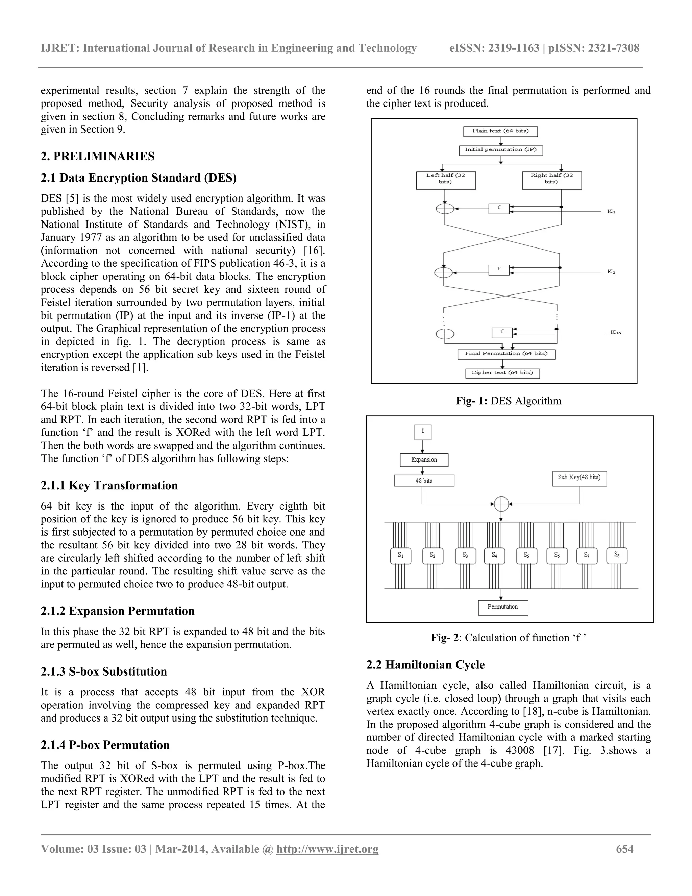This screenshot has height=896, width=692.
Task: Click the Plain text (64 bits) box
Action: pyautogui.click(x=500, y=131)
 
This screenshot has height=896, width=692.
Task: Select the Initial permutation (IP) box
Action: pyautogui.click(x=500, y=150)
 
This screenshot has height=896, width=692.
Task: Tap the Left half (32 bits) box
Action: pyautogui.click(x=446, y=181)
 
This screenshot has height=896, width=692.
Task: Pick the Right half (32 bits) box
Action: pyautogui.click(x=551, y=181)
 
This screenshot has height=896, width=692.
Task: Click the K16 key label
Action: pyautogui.click(x=615, y=332)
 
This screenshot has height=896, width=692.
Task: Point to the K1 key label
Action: pyautogui.click(x=611, y=211)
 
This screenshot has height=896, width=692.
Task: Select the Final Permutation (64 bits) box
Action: pyautogui.click(x=506, y=354)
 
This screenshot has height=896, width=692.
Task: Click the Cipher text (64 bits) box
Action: pyautogui.click(x=502, y=373)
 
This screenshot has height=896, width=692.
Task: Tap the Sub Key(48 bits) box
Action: pyautogui.click(x=579, y=478)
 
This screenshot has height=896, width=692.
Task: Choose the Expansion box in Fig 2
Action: pyautogui.click(x=424, y=460)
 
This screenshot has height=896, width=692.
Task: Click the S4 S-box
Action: pyautogui.click(x=494, y=556)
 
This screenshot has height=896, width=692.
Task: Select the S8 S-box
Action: pyautogui.click(x=617, y=556)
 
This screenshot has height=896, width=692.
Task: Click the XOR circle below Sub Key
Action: pyautogui.click(x=501, y=504)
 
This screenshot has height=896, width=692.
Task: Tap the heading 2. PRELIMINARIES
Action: pyautogui.click(x=98, y=156)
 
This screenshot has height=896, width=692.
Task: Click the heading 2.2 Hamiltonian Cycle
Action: pyautogui.click(x=425, y=665)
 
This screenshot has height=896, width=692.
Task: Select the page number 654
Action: pyautogui.click(x=624, y=849)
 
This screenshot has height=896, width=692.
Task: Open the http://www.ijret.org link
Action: pyautogui.click(x=327, y=849)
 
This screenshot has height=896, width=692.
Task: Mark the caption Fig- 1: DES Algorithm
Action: pyautogui.click(x=508, y=401)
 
